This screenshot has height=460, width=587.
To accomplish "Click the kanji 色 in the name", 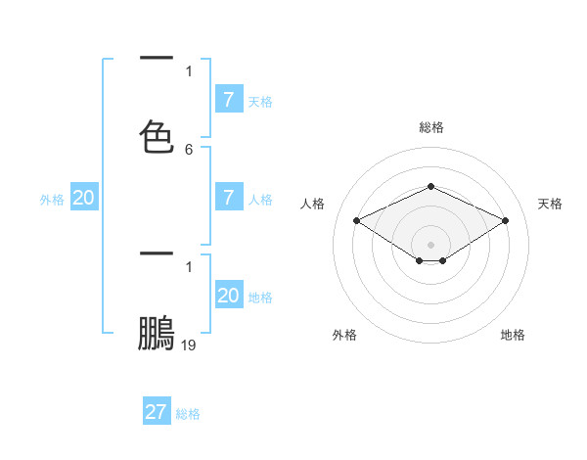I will point(157,137).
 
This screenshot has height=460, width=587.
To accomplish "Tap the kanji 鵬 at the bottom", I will point(157,333).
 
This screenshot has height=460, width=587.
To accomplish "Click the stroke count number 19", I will point(189,345).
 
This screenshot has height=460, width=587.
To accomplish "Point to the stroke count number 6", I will point(189,150).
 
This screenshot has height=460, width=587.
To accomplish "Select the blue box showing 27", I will point(156,412).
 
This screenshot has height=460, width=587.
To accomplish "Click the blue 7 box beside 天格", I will point(228,99).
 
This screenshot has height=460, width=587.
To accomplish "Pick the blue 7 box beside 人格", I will point(228,198).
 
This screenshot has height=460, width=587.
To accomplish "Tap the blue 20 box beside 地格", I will point(228,296).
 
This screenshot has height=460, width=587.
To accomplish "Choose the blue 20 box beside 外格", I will point(83,198).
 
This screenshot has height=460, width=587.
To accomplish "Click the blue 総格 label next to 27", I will point(188,414).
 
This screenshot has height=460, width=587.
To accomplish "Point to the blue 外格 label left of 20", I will point(52,200).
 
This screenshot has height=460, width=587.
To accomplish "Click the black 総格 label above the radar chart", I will point(430,127).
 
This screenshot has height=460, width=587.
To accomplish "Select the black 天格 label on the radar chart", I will point(550,204).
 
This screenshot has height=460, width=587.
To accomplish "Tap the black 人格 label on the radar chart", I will point(312,204).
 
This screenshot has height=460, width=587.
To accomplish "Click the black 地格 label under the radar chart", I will point(513,335).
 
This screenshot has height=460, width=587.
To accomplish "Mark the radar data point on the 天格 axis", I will point(505,221).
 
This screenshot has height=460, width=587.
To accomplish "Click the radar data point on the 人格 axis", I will point(357,221).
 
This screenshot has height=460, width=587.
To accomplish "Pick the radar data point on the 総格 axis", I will point(430,186).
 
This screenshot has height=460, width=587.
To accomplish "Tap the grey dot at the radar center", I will point(430,245).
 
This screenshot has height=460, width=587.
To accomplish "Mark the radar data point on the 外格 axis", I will point(420,260).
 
